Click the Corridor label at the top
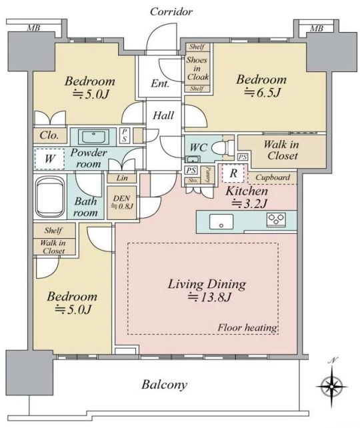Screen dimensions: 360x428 coord(171,12)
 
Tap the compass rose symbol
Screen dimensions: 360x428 coord(331,386)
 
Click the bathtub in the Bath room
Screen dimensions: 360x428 coord(50,197)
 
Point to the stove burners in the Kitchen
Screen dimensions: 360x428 coord(276,219)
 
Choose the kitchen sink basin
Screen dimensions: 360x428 coord(221,221)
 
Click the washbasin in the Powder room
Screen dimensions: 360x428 coord(93,137)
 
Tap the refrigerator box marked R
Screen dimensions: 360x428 coord(233,173)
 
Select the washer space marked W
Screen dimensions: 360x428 coord(49,159)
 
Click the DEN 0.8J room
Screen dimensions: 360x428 coord(121,202)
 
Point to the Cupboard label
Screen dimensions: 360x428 coord(273,177)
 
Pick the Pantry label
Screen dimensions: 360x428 coord(207,175)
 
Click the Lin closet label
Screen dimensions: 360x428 coord(122,178)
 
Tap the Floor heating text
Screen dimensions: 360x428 coord(247,327)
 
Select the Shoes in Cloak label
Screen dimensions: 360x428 coord(197,68)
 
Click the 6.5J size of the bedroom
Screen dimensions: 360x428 coord(261,93)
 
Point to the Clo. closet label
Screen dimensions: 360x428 coord(49,135)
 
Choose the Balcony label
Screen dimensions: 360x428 coord(164,385)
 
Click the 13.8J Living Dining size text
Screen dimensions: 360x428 coord(209,297)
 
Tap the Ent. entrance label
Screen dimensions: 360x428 coord(160,83)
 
